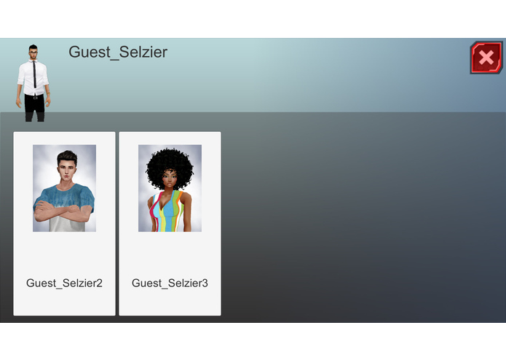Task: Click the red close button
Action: pyautogui.click(x=486, y=58)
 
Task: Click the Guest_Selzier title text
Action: pyautogui.click(x=118, y=52)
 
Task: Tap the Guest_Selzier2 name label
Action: pyautogui.click(x=64, y=283)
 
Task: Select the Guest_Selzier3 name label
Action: pyautogui.click(x=170, y=283)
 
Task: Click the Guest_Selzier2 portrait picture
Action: pyautogui.click(x=64, y=188)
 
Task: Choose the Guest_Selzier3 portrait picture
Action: pyautogui.click(x=170, y=188)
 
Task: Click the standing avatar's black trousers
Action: pyautogui.click(x=34, y=108)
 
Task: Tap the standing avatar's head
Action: pyautogui.click(x=33, y=53)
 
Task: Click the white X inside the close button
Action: pyautogui.click(x=486, y=58)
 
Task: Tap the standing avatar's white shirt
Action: pyautogui.click(x=27, y=77)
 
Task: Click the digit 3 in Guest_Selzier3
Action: pyautogui.click(x=205, y=283)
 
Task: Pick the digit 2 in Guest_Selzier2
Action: pyautogui.click(x=99, y=283)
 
